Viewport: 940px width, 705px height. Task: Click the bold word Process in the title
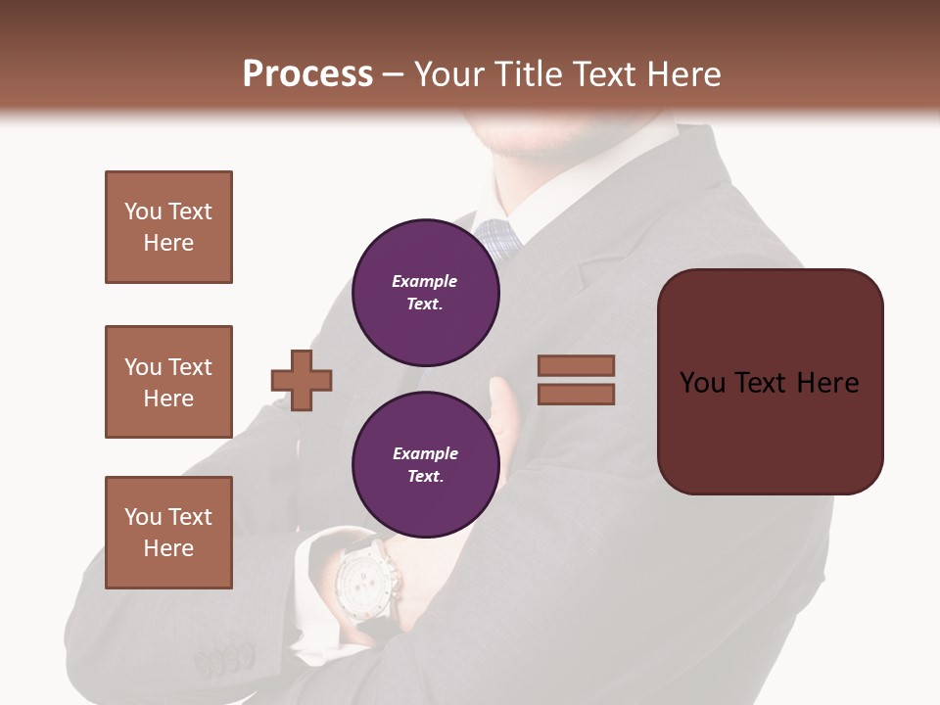point(307,74)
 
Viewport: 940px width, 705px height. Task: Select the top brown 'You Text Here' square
point(168,227)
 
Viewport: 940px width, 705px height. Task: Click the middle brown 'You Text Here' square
point(168,382)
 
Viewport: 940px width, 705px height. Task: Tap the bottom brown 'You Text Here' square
point(168,533)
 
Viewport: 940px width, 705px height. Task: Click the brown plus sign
point(302,380)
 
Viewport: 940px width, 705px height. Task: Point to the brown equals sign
point(576,380)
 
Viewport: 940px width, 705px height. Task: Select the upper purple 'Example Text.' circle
point(425,292)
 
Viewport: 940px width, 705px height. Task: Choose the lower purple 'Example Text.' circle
point(425,464)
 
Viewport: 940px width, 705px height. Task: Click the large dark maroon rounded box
point(770,382)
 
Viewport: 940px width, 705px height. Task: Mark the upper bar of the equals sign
point(576,366)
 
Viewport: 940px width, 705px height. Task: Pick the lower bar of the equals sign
point(576,395)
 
